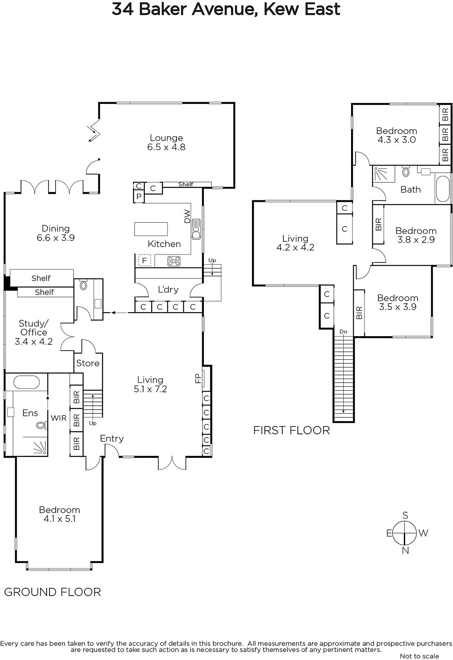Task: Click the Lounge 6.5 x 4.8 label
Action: (166, 142)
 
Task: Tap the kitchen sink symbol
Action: (196, 229)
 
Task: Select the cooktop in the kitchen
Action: (174, 261)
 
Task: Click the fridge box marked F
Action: (144, 260)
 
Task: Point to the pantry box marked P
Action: (139, 196)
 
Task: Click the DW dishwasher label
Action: (187, 216)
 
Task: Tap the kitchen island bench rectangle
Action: (151, 229)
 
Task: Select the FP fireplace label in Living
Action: (198, 378)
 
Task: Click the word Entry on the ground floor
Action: (112, 439)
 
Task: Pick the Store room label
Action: (88, 363)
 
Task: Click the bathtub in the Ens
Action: (26, 382)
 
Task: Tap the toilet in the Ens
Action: (41, 425)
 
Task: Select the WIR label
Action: (58, 418)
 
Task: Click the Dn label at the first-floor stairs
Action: (343, 332)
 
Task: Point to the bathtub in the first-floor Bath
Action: (443, 189)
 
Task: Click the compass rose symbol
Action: (406, 533)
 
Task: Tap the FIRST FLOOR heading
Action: (292, 431)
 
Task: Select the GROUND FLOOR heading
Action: (52, 592)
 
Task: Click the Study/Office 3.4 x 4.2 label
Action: (33, 332)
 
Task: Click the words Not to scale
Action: (420, 656)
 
